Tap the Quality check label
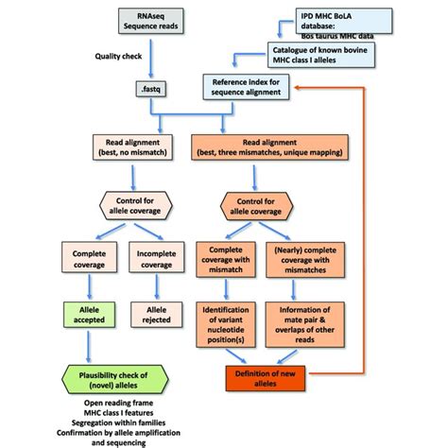(x=119, y=56)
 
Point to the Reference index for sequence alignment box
(x=247, y=91)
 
